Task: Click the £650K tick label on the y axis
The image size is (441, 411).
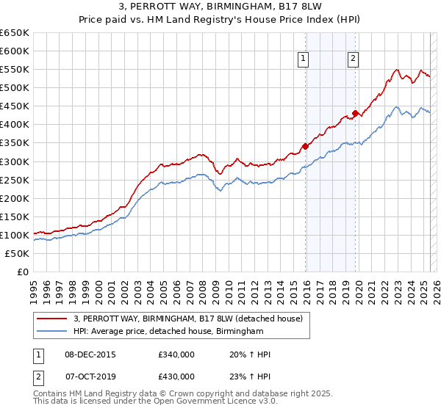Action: coord(15,33)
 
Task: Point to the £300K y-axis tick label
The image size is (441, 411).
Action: coord(15,161)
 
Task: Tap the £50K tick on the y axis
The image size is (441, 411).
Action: coord(17,253)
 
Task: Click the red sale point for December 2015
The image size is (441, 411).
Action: coord(305,146)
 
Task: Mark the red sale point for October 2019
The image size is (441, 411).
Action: coord(355,113)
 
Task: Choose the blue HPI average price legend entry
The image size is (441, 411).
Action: coord(168,332)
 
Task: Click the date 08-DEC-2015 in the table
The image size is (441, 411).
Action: coord(90,354)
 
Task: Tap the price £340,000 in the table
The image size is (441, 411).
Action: coord(176,354)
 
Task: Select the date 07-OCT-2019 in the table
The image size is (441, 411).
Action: coord(90,377)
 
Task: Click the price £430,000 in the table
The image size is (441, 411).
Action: coord(176,377)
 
